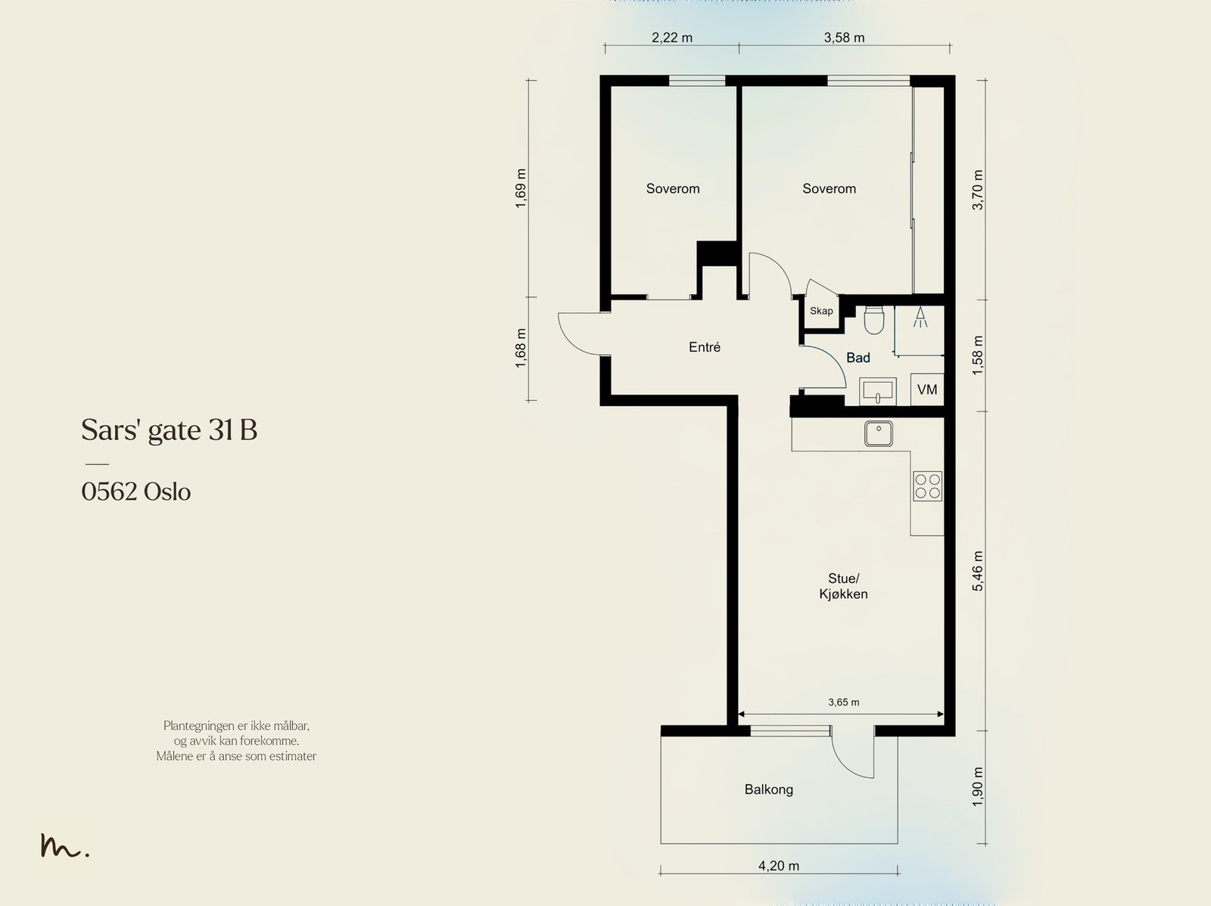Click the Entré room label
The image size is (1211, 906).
coord(705,347)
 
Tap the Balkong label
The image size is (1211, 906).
coord(768,790)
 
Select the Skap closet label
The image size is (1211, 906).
coord(821,312)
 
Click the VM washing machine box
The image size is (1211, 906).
coord(927,389)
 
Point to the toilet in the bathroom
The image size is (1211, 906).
coord(874,320)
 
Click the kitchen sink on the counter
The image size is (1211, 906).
coord(878,433)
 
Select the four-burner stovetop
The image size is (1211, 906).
coord(927,486)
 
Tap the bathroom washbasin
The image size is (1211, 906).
coord(877,391)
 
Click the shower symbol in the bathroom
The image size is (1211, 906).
coord(920,318)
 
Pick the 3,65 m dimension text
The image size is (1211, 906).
coord(844,702)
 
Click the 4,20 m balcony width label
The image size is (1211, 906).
coord(779,866)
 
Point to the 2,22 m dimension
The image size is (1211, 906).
coord(672,38)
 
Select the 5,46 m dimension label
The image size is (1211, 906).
coord(977,571)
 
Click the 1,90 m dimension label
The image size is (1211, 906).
coord(977,787)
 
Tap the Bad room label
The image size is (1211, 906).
coord(858,358)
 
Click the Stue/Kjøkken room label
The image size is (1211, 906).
coord(844,586)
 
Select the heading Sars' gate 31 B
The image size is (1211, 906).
coord(170,430)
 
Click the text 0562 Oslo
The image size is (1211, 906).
coord(135,492)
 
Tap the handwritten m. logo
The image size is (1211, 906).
coord(64,845)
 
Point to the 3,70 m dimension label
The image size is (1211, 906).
coord(977,190)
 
